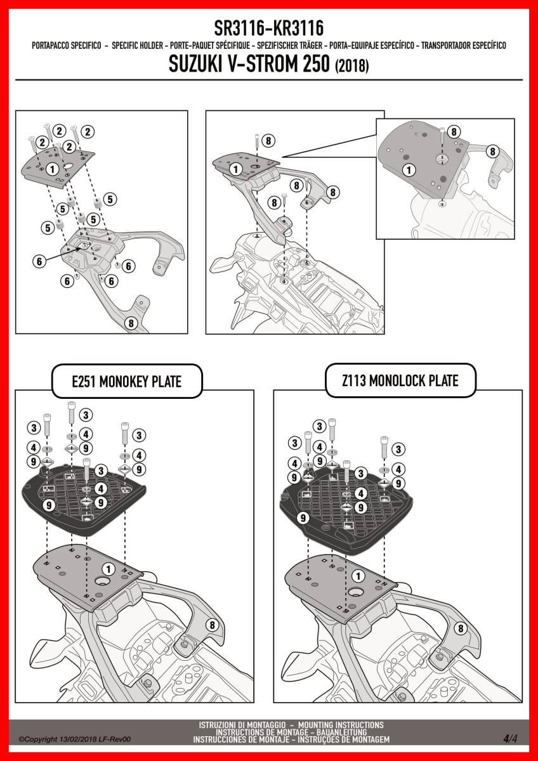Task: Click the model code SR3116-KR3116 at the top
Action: (269, 28)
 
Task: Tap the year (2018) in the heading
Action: (351, 65)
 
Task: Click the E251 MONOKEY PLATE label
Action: (127, 382)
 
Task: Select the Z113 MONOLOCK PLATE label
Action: (400, 380)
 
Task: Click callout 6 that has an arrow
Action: (39, 261)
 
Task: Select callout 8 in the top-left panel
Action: (131, 323)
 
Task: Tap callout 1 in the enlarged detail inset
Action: (409, 170)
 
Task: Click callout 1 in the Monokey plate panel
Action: (108, 569)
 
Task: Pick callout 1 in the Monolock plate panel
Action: (358, 576)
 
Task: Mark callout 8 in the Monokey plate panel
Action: (213, 625)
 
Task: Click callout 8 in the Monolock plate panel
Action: (461, 628)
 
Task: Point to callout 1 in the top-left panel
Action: (52, 169)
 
